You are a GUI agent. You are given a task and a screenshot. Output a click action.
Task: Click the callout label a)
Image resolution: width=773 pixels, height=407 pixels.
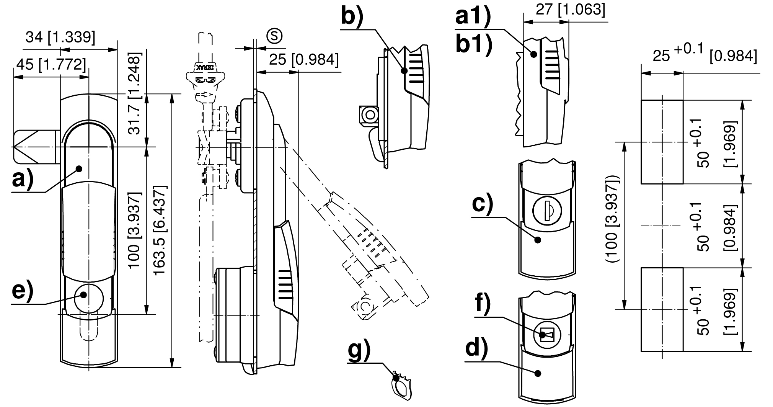pyautogui.click(x=23, y=180)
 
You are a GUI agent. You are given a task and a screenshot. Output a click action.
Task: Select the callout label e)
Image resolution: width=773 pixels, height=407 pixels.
pyautogui.click(x=23, y=292)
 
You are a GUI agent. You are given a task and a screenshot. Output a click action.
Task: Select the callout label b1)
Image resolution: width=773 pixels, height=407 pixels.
pyautogui.click(x=474, y=46)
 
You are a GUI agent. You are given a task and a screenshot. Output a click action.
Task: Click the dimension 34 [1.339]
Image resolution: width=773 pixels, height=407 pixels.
pyautogui.click(x=60, y=38)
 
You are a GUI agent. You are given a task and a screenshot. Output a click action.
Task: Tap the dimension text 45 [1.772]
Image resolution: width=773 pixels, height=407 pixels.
pyautogui.click(x=51, y=64)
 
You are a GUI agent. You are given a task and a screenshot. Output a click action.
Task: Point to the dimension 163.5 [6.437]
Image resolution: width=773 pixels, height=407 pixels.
pyautogui.click(x=160, y=231)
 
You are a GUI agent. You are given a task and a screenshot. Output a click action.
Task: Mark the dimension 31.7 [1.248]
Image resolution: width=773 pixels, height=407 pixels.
pyautogui.click(x=135, y=93)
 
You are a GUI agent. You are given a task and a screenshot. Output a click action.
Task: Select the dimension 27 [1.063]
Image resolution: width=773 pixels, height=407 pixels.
pyautogui.click(x=570, y=10)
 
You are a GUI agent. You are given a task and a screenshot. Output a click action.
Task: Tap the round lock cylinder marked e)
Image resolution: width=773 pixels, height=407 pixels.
pyautogui.click(x=89, y=298)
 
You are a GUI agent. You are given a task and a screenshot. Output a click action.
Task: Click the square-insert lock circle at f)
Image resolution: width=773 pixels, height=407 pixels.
pyautogui.click(x=547, y=335)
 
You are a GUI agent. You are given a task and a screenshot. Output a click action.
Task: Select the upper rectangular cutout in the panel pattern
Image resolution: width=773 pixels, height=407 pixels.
pyautogui.click(x=662, y=142)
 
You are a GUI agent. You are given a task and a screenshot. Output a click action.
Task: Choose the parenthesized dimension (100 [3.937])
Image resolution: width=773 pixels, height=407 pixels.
pyautogui.click(x=613, y=218)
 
